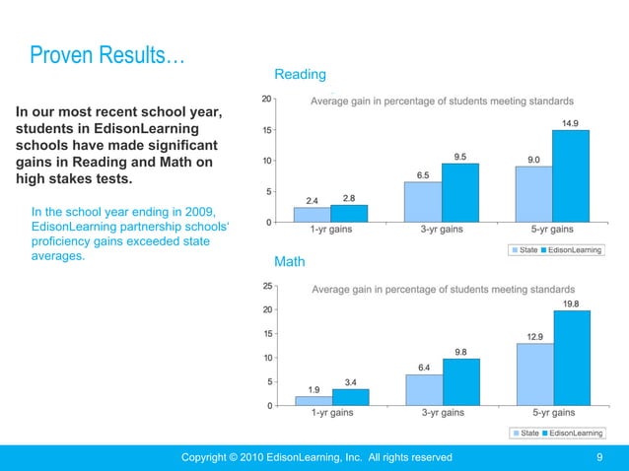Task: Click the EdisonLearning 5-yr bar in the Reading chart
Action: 571,175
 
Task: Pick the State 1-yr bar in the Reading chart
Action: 313,214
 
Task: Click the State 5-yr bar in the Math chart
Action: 535,373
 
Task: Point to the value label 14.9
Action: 571,123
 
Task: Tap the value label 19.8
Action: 571,304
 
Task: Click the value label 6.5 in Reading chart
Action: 423,174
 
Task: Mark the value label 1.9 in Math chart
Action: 313,389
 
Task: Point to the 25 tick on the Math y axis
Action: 267,287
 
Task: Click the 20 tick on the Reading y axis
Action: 267,99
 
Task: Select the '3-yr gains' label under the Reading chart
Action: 442,231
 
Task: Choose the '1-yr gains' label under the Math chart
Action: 331,414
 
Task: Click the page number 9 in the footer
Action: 600,457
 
